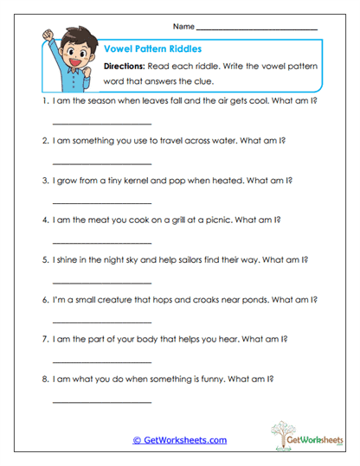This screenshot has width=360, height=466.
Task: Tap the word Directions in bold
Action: click(129, 67)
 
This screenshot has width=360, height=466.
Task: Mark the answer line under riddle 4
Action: click(102, 242)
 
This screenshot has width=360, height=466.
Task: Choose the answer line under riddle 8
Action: click(102, 400)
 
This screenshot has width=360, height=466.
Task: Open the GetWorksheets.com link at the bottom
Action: click(179, 440)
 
